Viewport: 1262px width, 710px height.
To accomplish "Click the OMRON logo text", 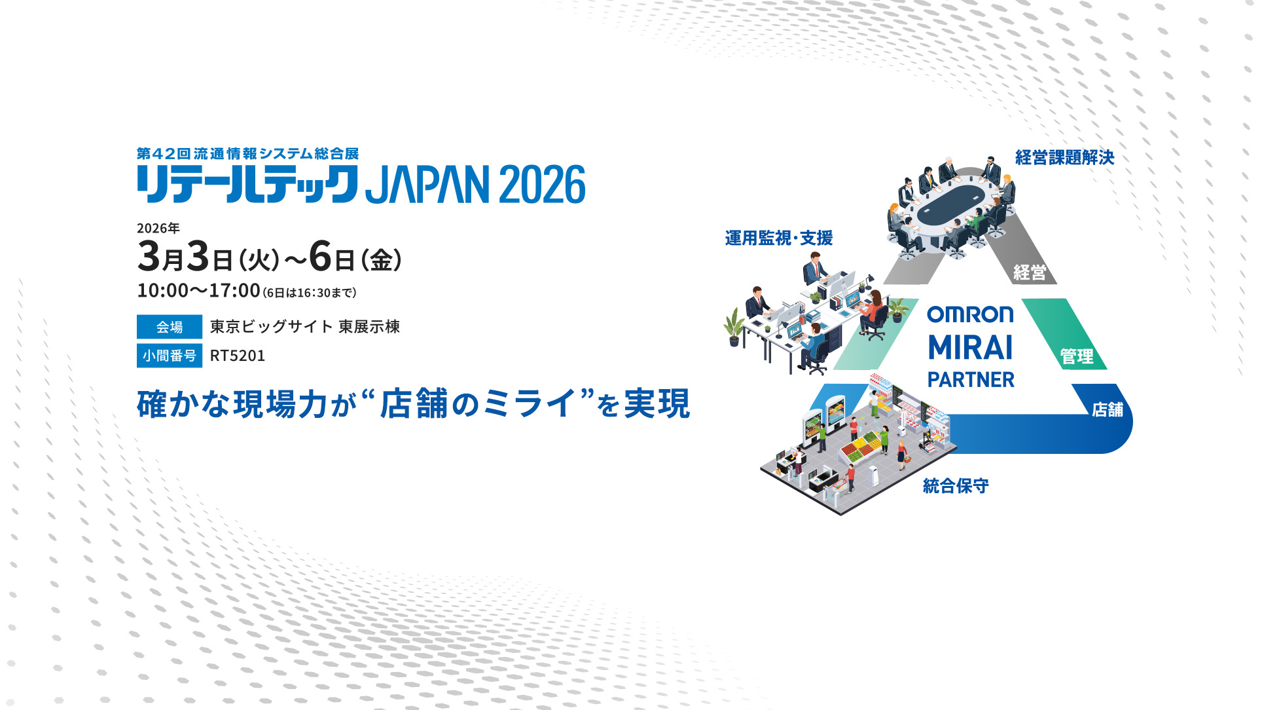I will [970, 314].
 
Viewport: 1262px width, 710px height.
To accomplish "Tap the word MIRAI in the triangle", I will [970, 348].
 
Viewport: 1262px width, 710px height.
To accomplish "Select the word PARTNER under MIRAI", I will [971, 380].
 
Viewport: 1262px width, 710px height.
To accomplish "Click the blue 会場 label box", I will [169, 327].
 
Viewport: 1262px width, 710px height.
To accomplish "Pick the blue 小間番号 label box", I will [169, 356].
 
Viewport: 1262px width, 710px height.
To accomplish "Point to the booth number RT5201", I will [238, 356].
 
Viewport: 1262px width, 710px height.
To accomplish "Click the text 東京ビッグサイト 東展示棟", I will [304, 327].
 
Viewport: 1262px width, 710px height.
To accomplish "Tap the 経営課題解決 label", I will [1064, 157].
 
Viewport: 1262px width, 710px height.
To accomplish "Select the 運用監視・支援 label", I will [778, 238].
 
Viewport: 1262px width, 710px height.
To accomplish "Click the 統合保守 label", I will [955, 486].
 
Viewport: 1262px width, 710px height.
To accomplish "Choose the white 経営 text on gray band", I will [1030, 272].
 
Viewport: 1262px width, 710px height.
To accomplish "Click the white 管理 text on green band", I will [1077, 356].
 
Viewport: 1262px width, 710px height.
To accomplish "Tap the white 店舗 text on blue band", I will [1107, 409].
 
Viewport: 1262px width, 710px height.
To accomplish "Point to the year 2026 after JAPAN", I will [542, 185].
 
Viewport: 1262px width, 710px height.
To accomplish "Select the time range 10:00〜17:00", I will [198, 290].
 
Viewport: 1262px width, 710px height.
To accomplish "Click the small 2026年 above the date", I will [158, 228].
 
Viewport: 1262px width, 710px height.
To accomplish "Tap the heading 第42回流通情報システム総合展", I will [247, 154].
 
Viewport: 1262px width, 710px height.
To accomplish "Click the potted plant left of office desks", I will [734, 327].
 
